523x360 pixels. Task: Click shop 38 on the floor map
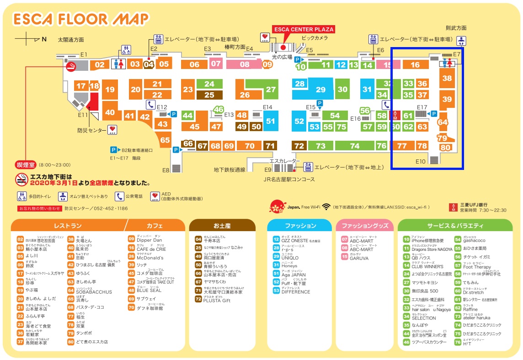tap(447, 79)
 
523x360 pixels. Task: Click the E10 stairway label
tap(421, 161)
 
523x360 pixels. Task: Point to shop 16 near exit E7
tap(415, 65)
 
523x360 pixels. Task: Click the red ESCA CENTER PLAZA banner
tap(304, 29)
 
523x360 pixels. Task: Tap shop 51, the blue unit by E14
tap(271, 121)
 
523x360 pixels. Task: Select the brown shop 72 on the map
tap(299, 146)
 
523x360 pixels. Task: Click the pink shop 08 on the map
tap(245, 64)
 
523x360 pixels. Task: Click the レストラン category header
tap(68, 226)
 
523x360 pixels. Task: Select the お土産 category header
tap(222, 226)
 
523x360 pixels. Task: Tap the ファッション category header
tap(300, 226)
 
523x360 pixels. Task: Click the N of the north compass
tap(44, 39)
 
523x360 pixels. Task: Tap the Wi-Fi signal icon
tap(326, 206)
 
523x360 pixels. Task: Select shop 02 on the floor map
tap(99, 65)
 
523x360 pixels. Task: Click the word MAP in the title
tap(129, 19)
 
